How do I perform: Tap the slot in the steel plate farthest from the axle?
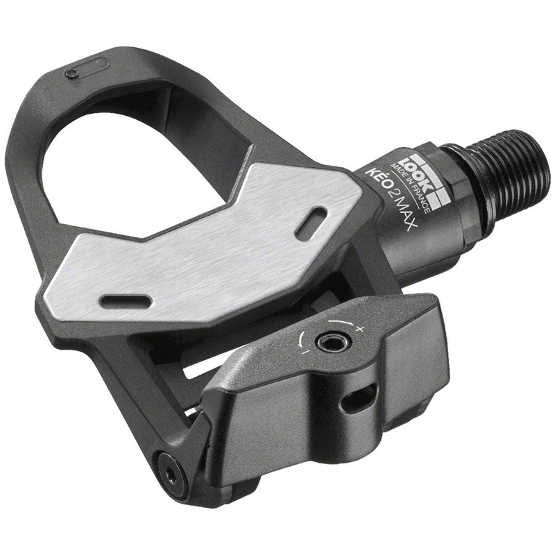coord(126,301)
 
